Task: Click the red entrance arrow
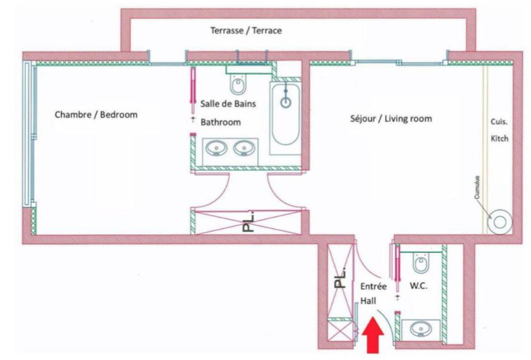373,336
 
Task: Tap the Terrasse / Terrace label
246,31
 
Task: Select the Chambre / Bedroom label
96,115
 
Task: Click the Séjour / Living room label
391,119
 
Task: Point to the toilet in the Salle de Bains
238,84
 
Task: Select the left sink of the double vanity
216,148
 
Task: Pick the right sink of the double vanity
243,148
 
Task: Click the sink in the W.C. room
421,329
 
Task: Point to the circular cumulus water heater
500,222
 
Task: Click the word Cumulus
477,187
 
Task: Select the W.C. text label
418,286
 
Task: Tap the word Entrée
373,286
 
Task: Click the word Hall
368,301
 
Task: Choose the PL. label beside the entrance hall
340,279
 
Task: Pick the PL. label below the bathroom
249,222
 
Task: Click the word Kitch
500,138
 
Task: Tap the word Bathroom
221,122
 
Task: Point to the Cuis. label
499,122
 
